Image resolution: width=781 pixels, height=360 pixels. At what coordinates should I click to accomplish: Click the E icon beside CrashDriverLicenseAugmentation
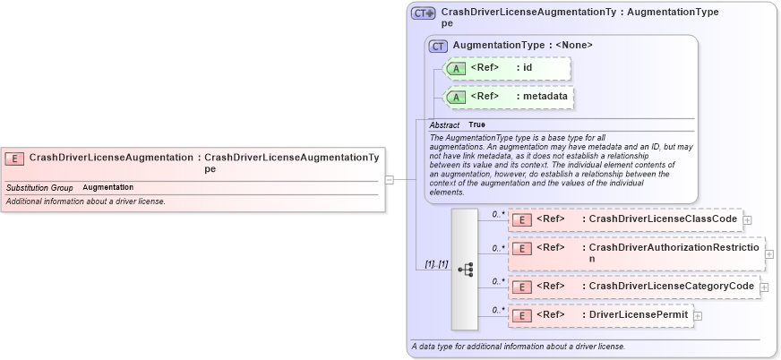pos(14,159)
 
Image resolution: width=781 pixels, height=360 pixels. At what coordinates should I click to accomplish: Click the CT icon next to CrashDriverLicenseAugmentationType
pos(423,13)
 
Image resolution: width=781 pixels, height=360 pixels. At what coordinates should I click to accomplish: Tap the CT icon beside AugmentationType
pos(439,46)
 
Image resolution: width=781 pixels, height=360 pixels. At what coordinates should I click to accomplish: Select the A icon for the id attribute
pos(455,68)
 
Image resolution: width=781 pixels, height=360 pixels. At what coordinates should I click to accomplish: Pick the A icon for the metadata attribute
pos(455,97)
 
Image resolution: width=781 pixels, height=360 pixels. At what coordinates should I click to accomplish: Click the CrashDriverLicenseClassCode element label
pos(663,219)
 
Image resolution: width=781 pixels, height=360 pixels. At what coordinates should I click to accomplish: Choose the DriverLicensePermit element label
pos(638,315)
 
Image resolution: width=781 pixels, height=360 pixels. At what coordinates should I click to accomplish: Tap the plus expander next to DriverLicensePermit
pos(698,315)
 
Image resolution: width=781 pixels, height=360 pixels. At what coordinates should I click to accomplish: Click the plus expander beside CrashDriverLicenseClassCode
pos(747,219)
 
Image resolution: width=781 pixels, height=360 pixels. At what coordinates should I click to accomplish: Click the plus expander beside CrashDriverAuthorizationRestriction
pos(769,253)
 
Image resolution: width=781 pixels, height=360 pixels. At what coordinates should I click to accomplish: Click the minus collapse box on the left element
pos(390,179)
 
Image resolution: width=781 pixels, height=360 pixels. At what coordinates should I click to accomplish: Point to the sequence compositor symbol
pos(465,269)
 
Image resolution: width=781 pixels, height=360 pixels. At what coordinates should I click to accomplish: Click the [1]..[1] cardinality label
pos(436,264)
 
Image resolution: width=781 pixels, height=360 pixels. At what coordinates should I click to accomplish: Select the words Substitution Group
pos(39,187)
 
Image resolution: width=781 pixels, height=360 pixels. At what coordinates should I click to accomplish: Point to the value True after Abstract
pos(476,124)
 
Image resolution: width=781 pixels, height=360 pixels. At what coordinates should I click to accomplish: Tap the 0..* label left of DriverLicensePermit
pos(498,310)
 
